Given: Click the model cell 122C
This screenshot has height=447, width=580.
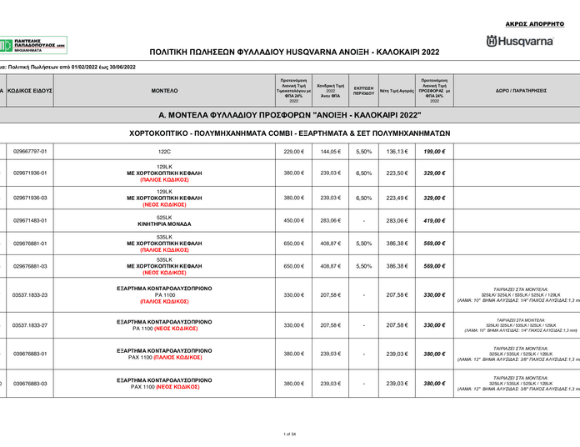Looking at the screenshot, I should [x=164, y=152].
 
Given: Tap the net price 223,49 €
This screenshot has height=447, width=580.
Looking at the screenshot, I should [x=396, y=198].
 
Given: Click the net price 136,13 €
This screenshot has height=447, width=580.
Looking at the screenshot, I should [x=396, y=152].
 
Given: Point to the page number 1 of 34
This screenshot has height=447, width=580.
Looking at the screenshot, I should [x=290, y=434].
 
